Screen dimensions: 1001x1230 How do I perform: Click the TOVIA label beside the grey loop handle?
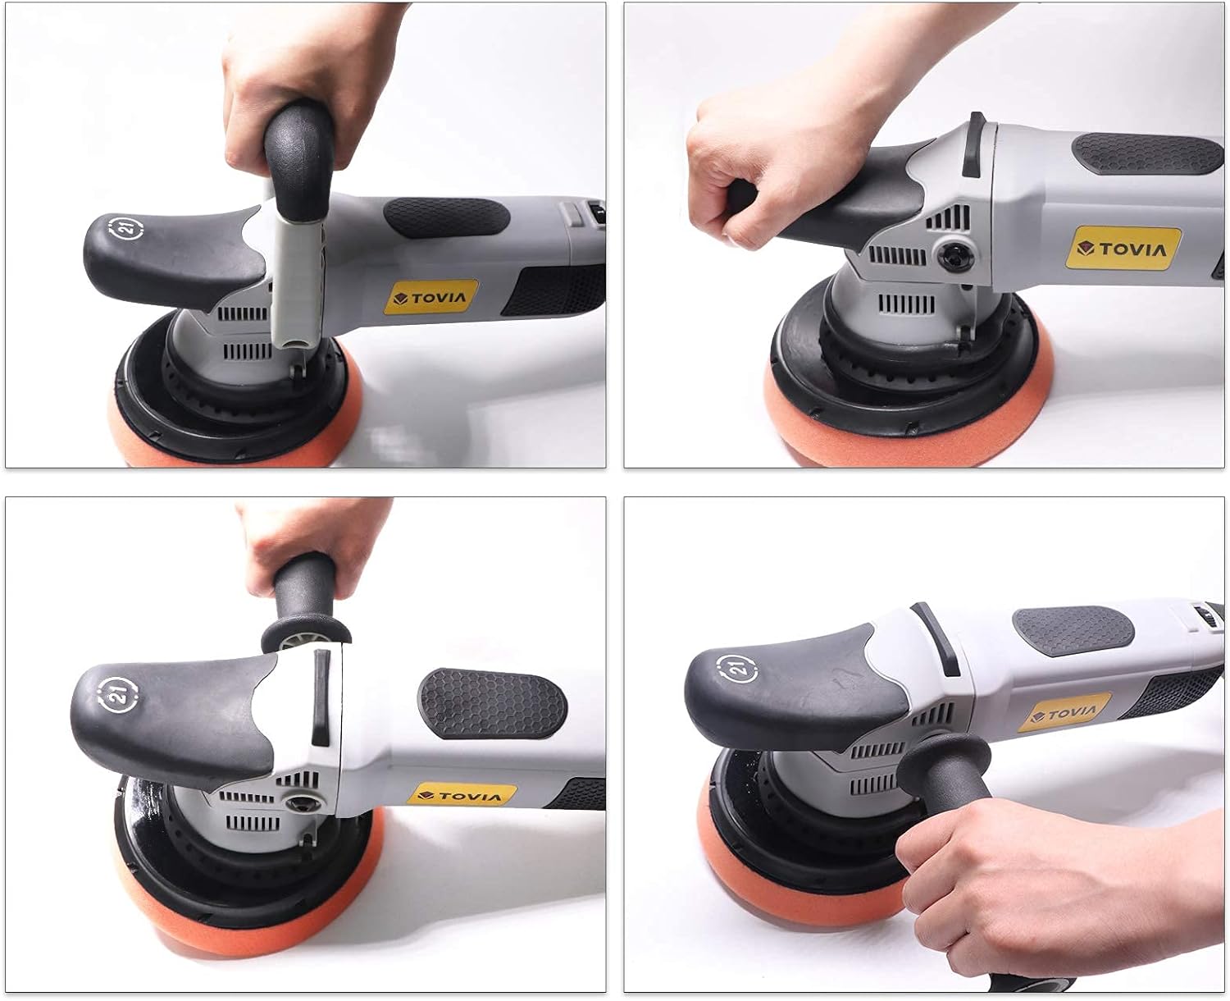point(431,297)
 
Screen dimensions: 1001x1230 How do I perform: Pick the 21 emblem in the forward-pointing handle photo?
point(739,669)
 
